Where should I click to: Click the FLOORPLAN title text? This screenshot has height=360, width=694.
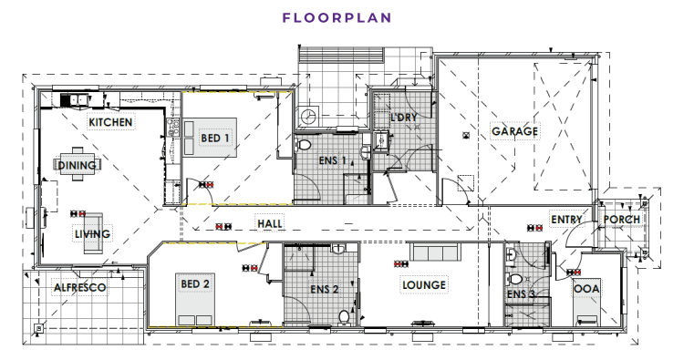(x=337, y=17)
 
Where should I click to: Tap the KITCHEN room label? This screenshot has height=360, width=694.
(x=110, y=122)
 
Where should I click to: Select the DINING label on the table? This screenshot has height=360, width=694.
(x=77, y=165)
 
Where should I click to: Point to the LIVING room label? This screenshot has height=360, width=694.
(x=92, y=233)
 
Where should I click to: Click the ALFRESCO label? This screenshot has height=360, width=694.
(x=79, y=288)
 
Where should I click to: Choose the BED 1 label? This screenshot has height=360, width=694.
(x=215, y=138)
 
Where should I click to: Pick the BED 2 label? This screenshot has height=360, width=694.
(x=195, y=283)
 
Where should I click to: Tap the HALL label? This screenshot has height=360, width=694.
(x=270, y=223)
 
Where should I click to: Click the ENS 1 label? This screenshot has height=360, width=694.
(x=332, y=160)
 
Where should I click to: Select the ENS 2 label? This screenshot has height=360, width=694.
(x=325, y=289)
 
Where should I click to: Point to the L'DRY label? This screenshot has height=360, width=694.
(x=404, y=118)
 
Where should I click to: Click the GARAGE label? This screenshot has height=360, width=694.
(x=514, y=131)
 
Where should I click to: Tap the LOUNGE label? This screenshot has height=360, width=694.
(x=424, y=285)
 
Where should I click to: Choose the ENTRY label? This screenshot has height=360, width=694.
(x=566, y=220)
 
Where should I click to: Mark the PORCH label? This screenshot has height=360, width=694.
(x=622, y=220)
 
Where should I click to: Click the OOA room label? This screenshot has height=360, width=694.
(x=587, y=289)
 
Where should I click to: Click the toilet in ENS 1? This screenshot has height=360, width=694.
(x=304, y=144)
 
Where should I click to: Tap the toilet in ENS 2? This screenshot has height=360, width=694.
(x=344, y=317)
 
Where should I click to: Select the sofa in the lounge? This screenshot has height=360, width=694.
(x=435, y=252)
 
